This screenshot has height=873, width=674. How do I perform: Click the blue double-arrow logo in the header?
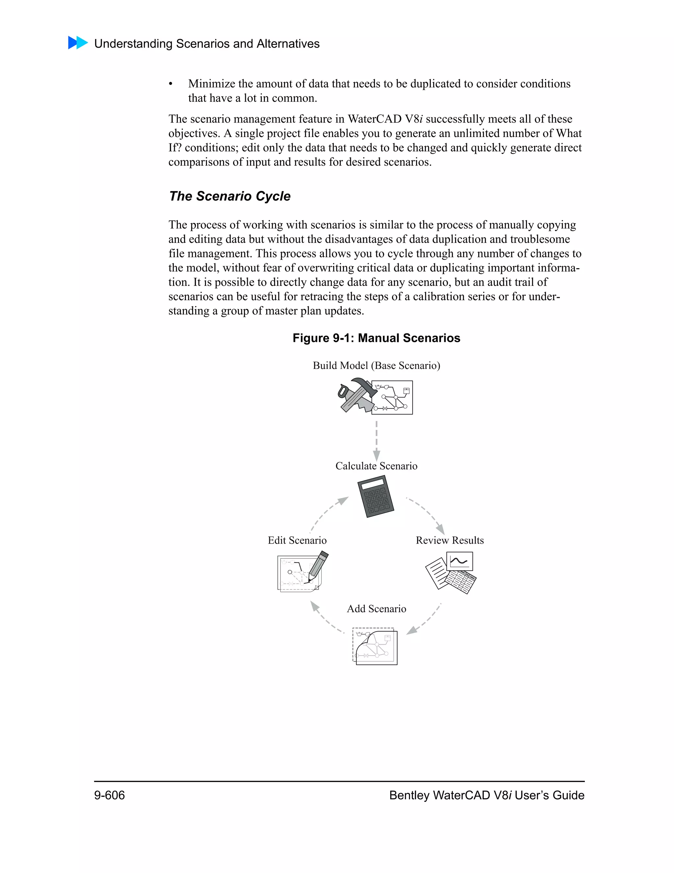point(78,43)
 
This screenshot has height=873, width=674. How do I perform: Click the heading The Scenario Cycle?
point(230,196)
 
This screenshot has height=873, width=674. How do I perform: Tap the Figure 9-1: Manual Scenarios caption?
point(376,338)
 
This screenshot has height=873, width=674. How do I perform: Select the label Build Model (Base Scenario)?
point(376,366)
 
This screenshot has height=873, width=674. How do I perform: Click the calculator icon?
point(375,496)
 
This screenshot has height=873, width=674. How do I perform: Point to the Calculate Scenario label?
point(376,466)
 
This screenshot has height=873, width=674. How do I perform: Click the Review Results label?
point(450,540)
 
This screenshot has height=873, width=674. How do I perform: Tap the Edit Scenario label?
point(297,540)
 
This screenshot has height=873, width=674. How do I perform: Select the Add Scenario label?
point(376,609)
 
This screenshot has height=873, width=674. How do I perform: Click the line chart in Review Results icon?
point(459,561)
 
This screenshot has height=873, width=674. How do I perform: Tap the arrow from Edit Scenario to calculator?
point(328,514)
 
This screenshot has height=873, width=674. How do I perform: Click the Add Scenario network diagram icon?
point(375,646)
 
